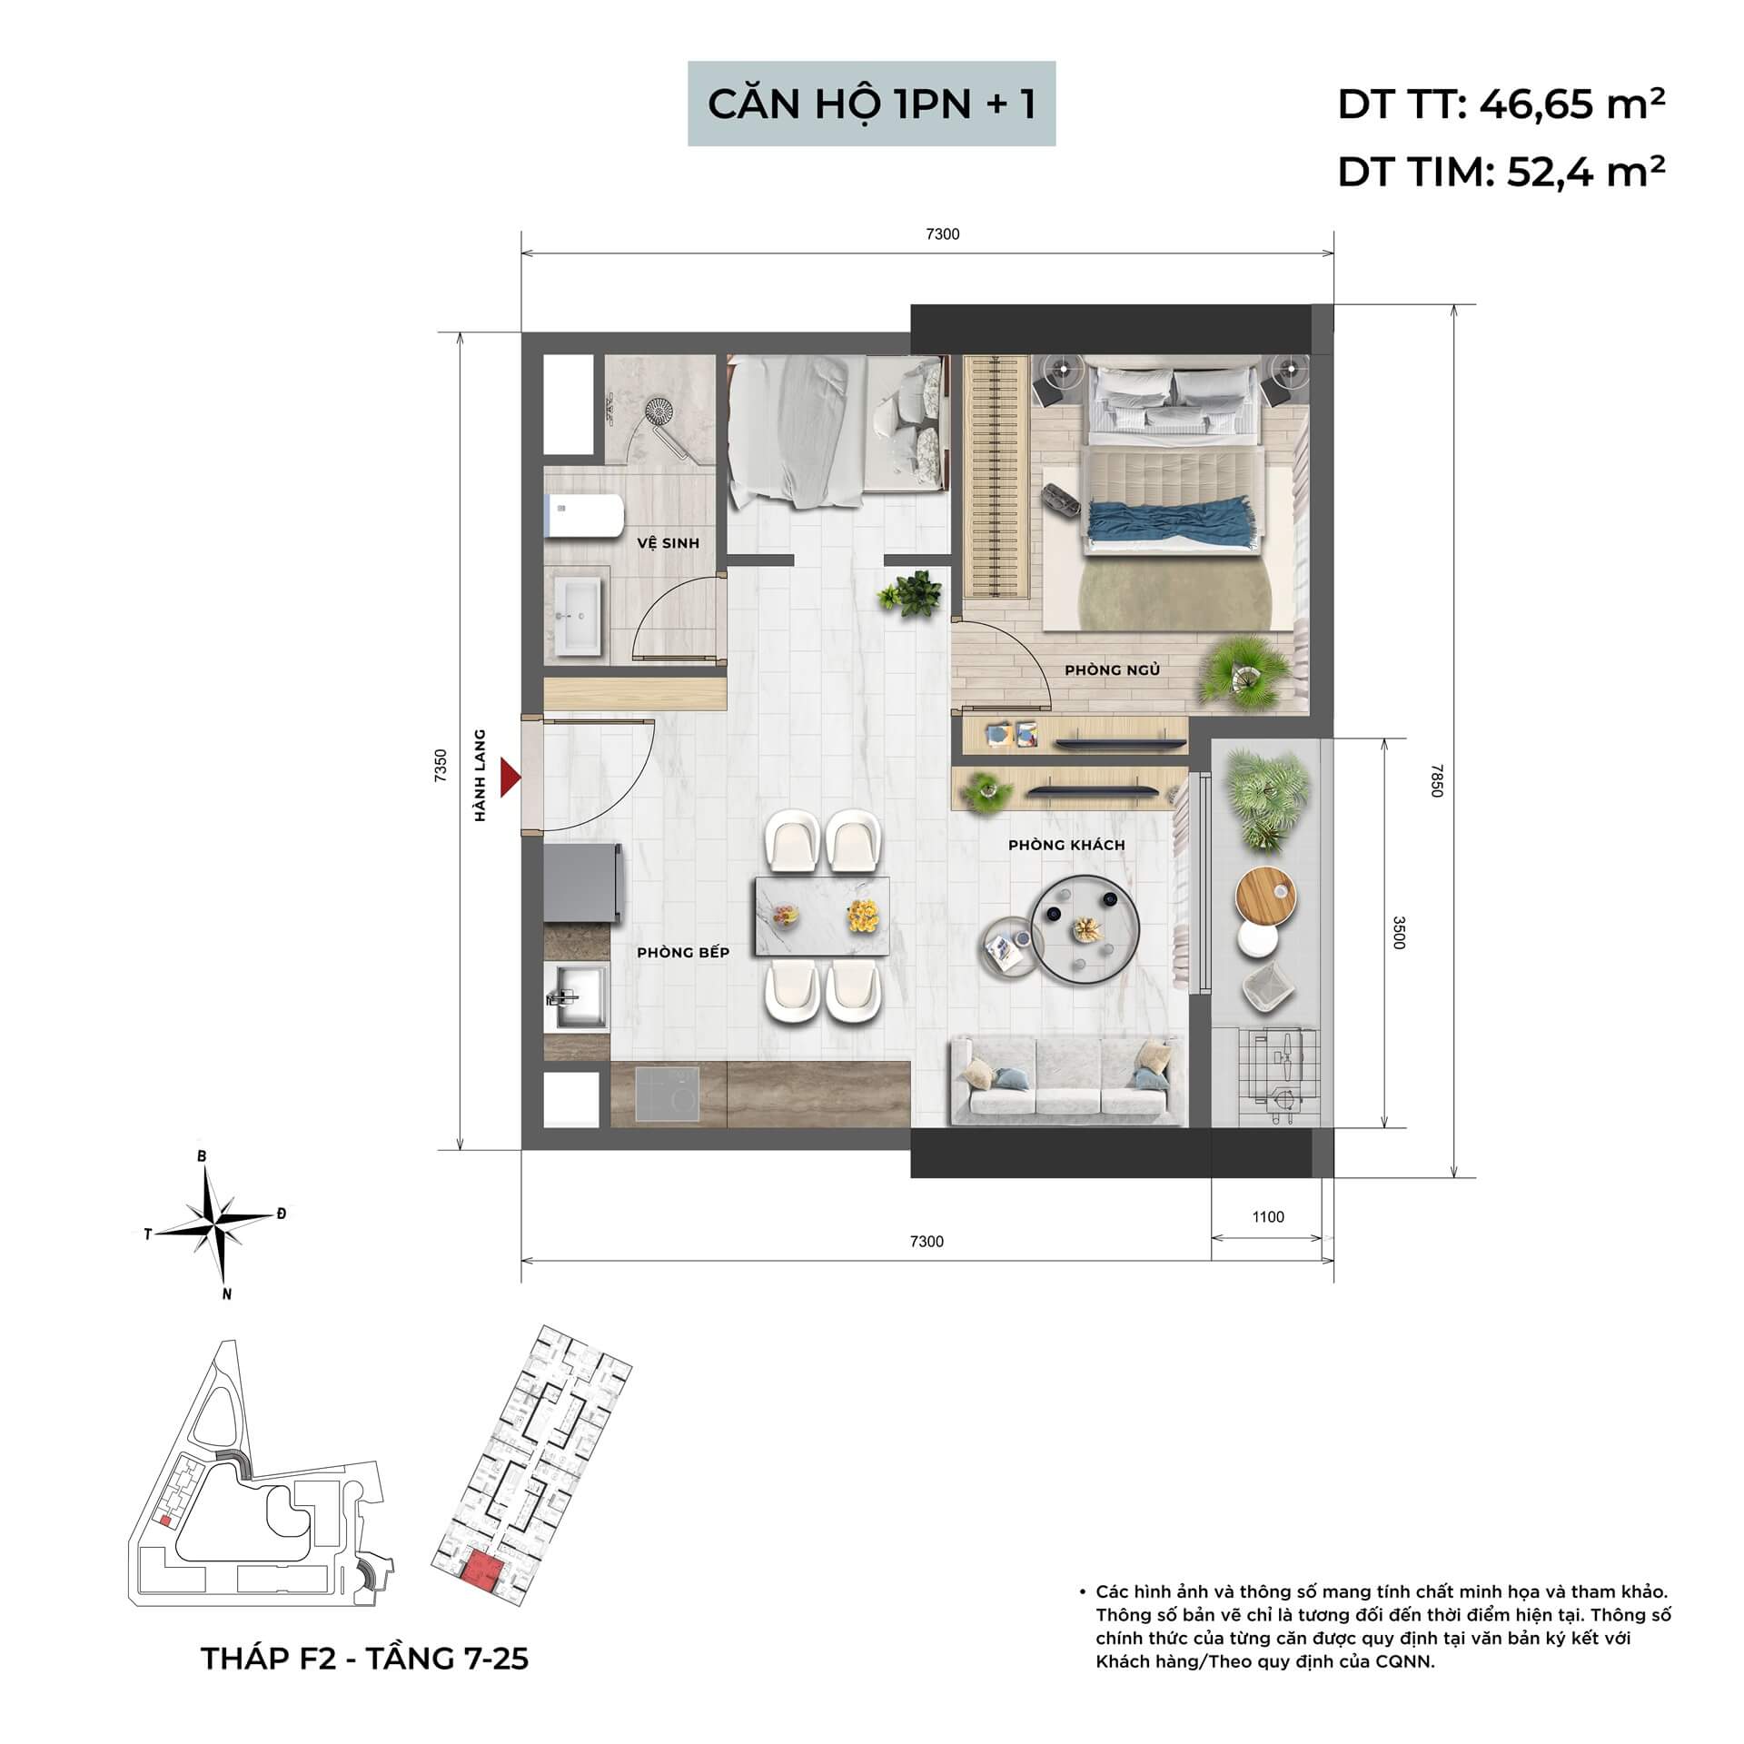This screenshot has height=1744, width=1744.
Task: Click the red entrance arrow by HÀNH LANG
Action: [x=511, y=778]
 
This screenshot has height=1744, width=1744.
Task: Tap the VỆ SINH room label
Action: [x=668, y=543]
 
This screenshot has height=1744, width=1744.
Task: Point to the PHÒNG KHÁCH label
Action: [x=1066, y=845]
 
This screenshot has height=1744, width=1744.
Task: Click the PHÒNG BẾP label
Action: [x=683, y=953]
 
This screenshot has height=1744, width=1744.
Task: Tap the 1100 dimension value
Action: [x=1267, y=1217]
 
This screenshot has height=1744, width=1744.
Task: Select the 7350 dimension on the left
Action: [x=441, y=765]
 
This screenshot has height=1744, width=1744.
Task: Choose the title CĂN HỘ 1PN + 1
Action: [x=871, y=104]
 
